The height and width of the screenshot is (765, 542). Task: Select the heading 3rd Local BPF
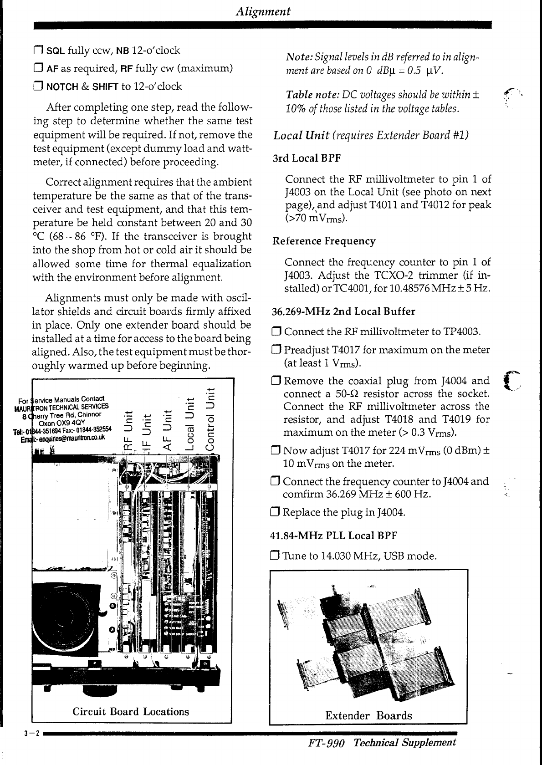click(x=307, y=158)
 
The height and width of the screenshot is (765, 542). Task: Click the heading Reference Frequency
click(x=324, y=241)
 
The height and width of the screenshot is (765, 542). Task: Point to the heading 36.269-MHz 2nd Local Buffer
click(x=343, y=311)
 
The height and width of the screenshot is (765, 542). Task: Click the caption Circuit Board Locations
click(x=131, y=711)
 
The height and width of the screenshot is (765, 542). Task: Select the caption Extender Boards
click(x=368, y=715)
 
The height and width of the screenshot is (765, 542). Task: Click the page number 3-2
click(x=32, y=733)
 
